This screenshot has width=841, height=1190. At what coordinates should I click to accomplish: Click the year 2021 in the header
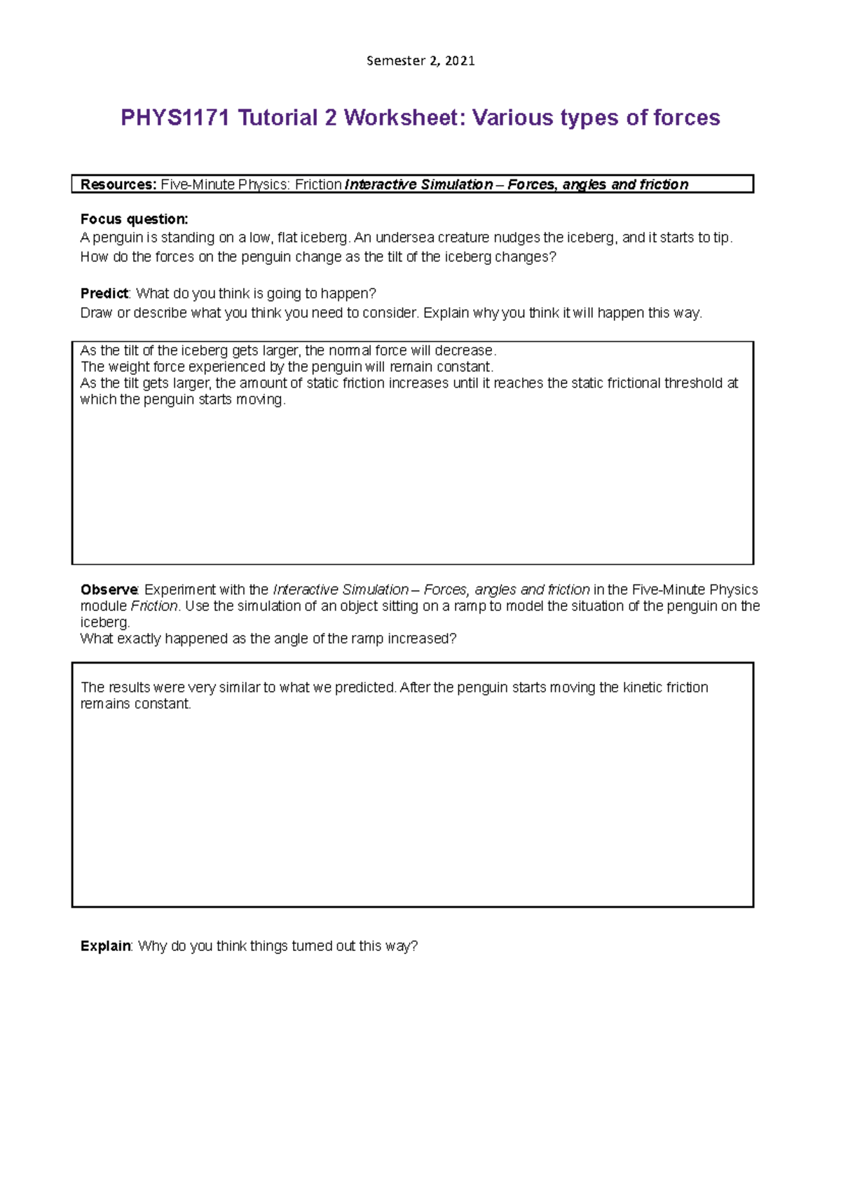pyautogui.click(x=460, y=61)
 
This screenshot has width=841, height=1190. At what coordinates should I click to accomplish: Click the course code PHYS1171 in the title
pyautogui.click(x=175, y=118)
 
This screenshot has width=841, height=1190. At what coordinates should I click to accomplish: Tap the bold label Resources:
pyautogui.click(x=118, y=184)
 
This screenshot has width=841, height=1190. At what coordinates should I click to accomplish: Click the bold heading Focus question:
pyautogui.click(x=134, y=219)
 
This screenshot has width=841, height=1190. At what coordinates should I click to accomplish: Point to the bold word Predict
pyautogui.click(x=104, y=293)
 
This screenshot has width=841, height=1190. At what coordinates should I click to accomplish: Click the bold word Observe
pyautogui.click(x=109, y=589)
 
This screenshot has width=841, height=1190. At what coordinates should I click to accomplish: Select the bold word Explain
pyautogui.click(x=105, y=946)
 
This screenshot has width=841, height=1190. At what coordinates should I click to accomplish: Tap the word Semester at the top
pyautogui.click(x=395, y=61)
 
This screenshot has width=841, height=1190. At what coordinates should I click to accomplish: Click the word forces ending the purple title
pyautogui.click(x=686, y=118)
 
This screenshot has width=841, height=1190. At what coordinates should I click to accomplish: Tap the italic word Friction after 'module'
pyautogui.click(x=154, y=606)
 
